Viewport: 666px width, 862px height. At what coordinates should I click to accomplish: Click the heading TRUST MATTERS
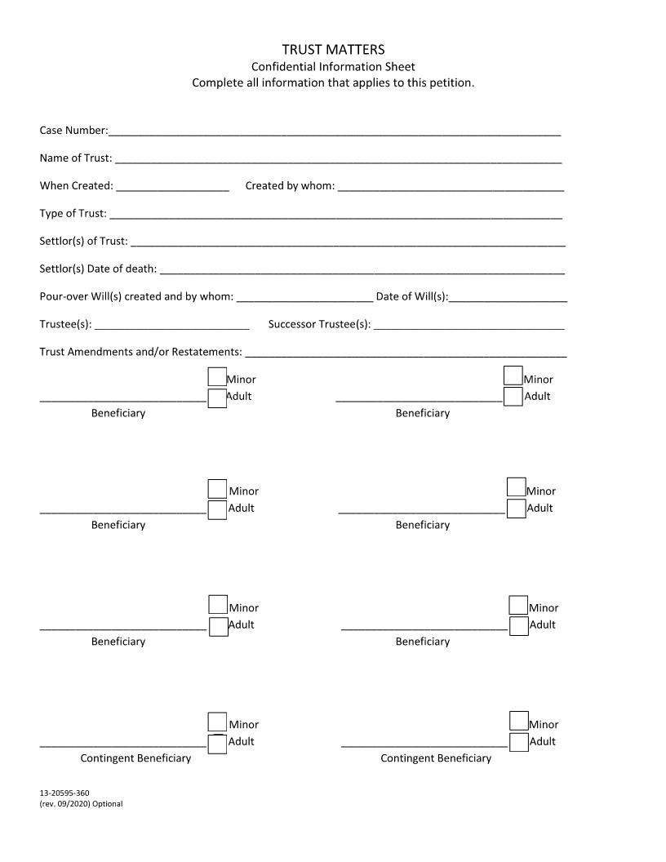coord(333,50)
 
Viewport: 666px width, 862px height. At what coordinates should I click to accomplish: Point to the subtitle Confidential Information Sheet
coord(333,67)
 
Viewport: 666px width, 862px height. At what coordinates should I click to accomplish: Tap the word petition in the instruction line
coord(452,83)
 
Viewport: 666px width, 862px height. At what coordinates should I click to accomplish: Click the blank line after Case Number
coord(335,131)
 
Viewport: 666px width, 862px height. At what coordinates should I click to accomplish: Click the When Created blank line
coord(172,187)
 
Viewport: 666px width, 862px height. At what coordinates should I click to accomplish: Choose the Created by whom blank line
coord(451,187)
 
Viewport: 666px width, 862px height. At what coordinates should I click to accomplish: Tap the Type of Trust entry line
coord(335,215)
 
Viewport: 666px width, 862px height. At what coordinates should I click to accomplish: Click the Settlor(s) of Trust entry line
coord(348,242)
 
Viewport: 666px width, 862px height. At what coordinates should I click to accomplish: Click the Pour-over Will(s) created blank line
coord(304,298)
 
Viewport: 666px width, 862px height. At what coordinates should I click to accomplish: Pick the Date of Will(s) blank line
coord(508,298)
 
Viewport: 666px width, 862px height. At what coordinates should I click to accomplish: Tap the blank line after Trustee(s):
coord(172,326)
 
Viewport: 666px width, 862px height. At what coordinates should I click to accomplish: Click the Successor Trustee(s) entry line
coord(468,326)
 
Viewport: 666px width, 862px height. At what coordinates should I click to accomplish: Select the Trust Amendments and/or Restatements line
coord(406,353)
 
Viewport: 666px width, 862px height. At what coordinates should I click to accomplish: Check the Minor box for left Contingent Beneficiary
coord(217,722)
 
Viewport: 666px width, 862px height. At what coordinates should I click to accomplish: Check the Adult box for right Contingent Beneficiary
coord(518,742)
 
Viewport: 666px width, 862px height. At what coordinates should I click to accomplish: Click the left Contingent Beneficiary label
coord(135,758)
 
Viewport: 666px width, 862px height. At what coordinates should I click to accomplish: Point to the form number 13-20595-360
coord(64,793)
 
